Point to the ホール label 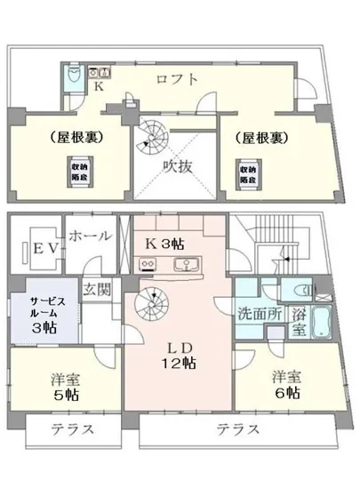[90, 236]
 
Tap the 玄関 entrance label [97, 289]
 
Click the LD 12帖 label [179, 354]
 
